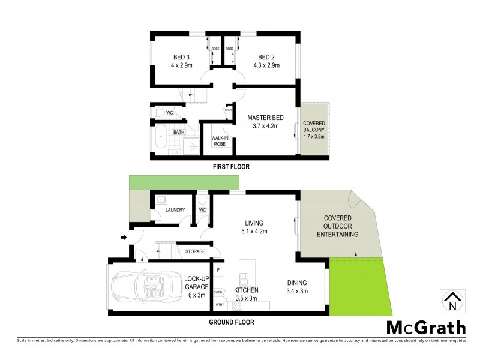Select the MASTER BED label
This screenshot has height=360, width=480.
point(265,118)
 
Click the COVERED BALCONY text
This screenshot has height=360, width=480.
point(313,130)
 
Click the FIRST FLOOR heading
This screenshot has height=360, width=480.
point(231,167)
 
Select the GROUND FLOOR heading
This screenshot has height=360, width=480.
point(231,322)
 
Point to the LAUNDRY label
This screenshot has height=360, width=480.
point(175,210)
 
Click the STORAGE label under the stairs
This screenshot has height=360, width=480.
point(195,251)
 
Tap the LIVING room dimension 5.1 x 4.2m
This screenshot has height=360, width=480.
point(254,230)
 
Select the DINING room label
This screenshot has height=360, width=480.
point(296,283)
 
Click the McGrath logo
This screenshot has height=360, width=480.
point(425,328)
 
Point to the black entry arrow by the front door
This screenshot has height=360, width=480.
point(124,238)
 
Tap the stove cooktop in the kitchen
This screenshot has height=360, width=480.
point(236,305)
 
